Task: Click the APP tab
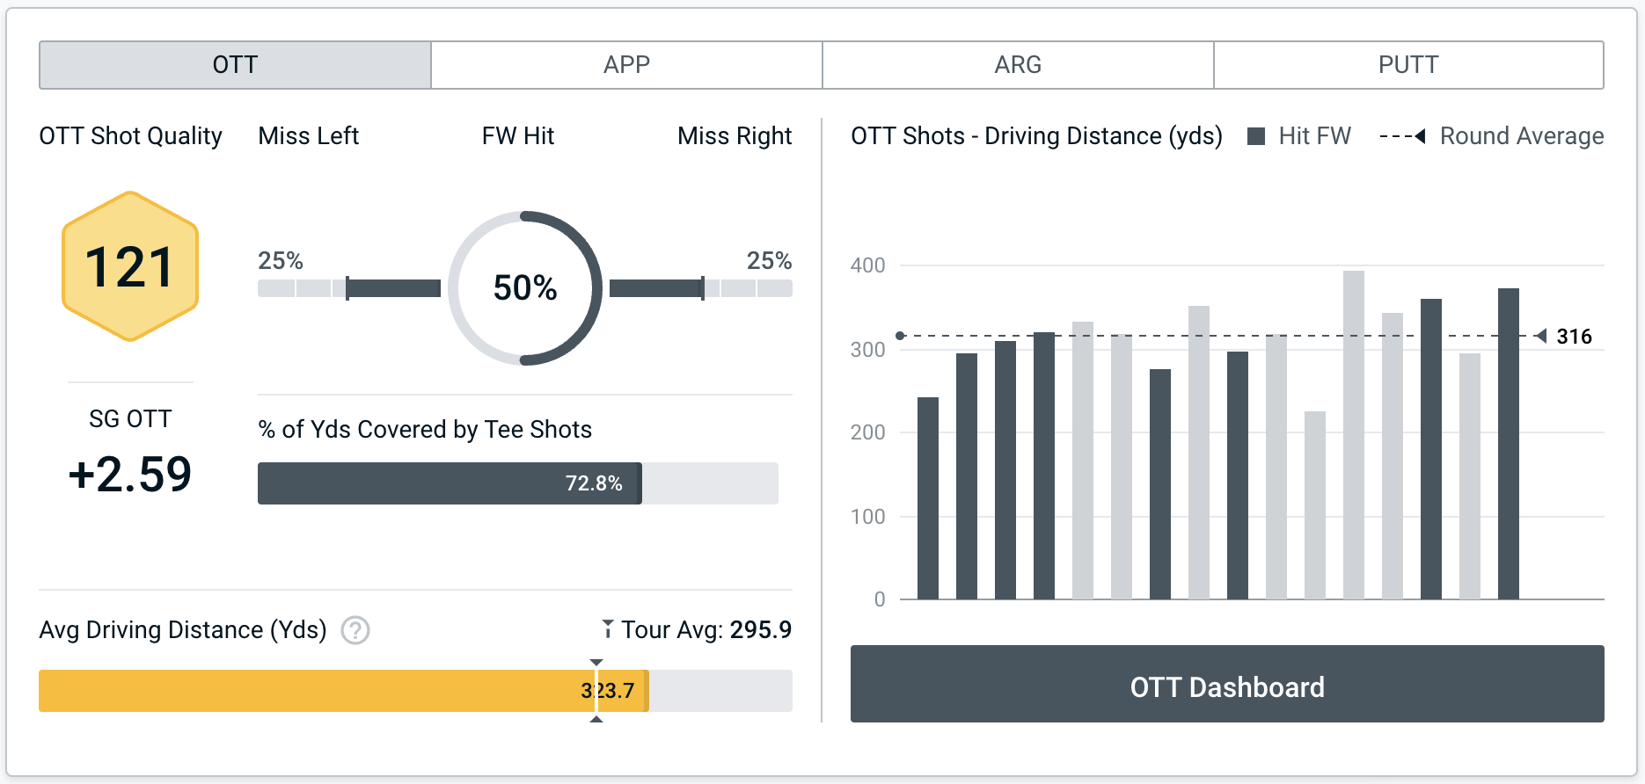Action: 626,65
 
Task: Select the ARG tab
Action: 1018,65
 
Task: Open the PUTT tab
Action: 1408,65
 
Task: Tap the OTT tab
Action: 235,65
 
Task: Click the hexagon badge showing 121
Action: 130,266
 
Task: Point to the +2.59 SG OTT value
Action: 130,475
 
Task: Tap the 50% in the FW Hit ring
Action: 525,288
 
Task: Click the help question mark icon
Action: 355,630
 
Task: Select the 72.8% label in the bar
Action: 594,483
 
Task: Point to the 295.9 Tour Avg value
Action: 761,630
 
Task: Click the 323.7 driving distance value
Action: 608,691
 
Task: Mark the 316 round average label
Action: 1574,337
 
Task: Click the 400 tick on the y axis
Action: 868,265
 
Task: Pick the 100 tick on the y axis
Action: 868,517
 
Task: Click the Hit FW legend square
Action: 1256,136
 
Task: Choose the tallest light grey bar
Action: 1354,435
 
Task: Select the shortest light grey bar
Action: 1315,505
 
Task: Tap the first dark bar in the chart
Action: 928,498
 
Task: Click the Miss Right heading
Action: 735,136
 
